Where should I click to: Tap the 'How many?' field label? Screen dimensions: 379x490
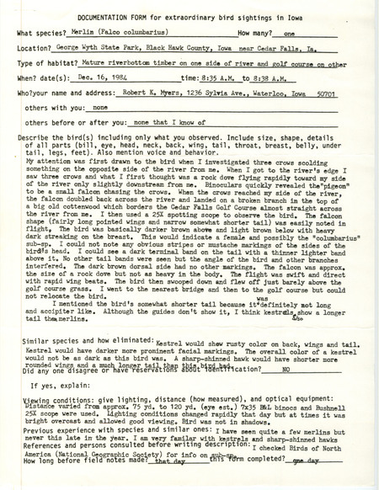[x=258, y=33]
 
